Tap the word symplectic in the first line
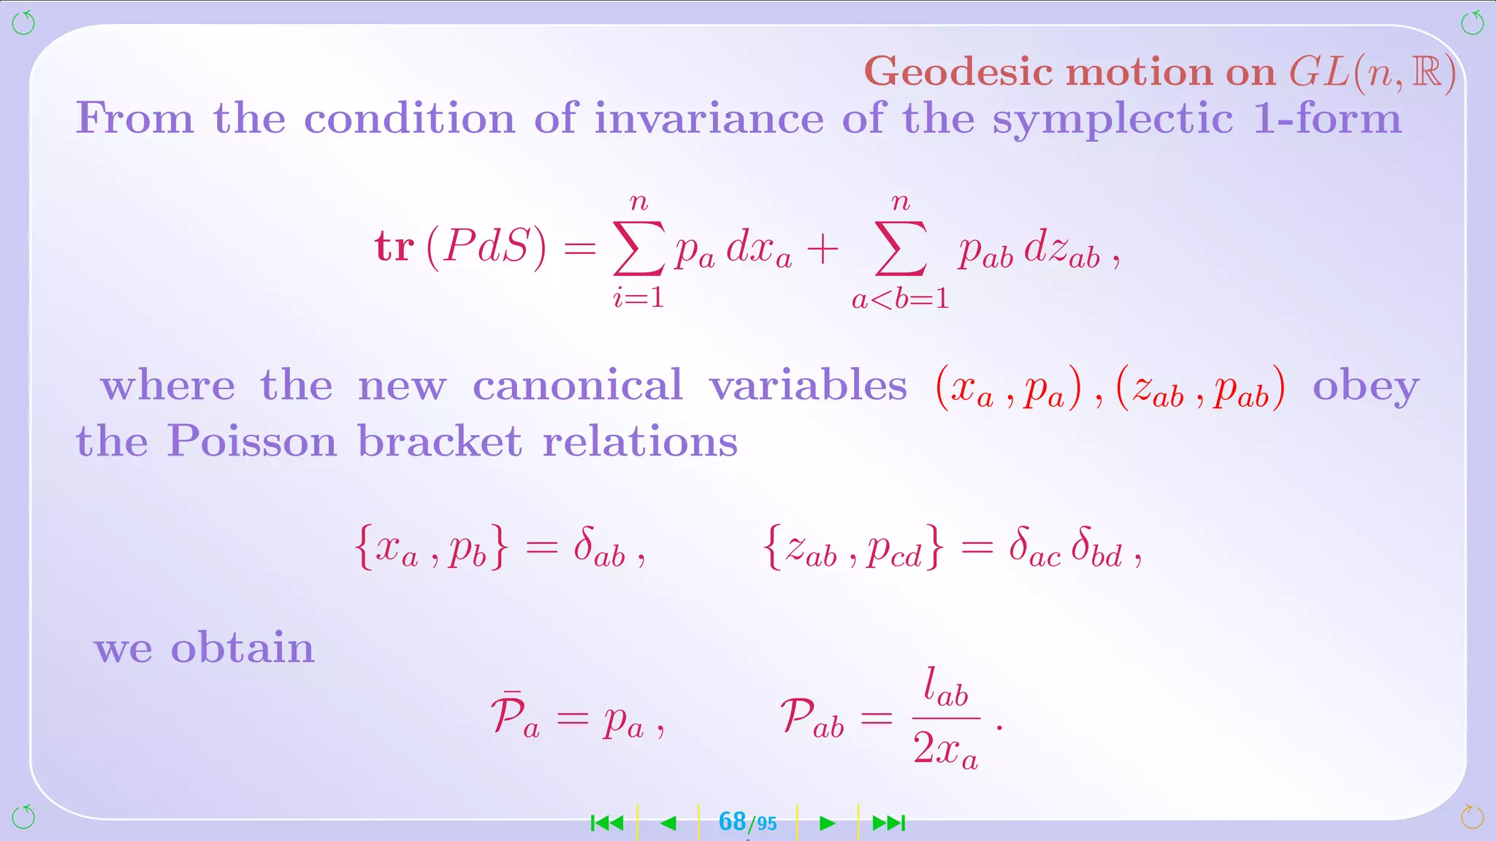[1113, 120]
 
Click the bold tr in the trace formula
[394, 247]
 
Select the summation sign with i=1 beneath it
[638, 248]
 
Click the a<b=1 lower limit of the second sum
[900, 299]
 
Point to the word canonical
[577, 385]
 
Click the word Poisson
[251, 442]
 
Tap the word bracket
[440, 442]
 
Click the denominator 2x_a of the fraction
[945, 749]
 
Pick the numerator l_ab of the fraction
[945, 688]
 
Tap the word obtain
[242, 648]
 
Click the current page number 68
[732, 822]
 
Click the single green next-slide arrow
[827, 823]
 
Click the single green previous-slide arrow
[668, 823]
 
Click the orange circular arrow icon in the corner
[1471, 817]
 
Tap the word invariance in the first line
[709, 119]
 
